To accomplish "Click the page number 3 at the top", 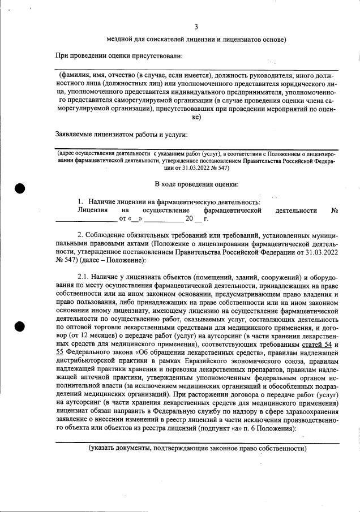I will [x=196, y=27].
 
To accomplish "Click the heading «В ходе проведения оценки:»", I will [x=196, y=184].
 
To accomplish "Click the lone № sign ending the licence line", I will [x=335, y=210].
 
